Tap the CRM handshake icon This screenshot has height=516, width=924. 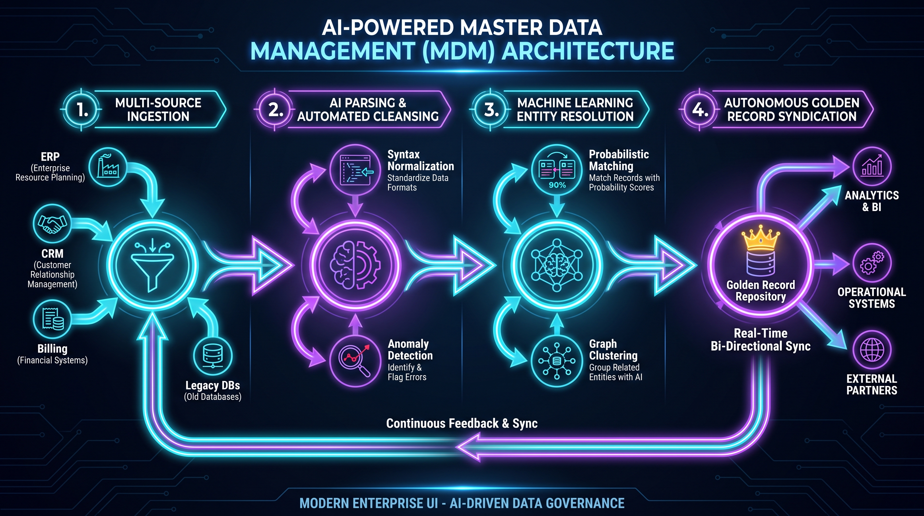tap(52, 224)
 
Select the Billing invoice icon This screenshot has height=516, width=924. tap(52, 319)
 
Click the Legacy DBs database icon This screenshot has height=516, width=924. tap(213, 356)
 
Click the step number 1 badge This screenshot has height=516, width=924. tap(82, 110)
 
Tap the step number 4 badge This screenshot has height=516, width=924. tap(699, 110)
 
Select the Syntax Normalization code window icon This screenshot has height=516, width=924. tap(356, 170)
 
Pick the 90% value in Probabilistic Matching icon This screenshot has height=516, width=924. tap(557, 185)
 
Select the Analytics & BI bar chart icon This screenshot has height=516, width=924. tap(872, 167)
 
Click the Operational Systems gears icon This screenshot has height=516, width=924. tap(872, 263)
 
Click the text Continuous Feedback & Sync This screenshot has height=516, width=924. tap(462, 423)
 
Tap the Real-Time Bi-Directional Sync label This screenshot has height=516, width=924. tap(760, 339)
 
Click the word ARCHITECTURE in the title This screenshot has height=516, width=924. tap(588, 51)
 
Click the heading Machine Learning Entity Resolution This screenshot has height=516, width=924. tap(575, 110)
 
